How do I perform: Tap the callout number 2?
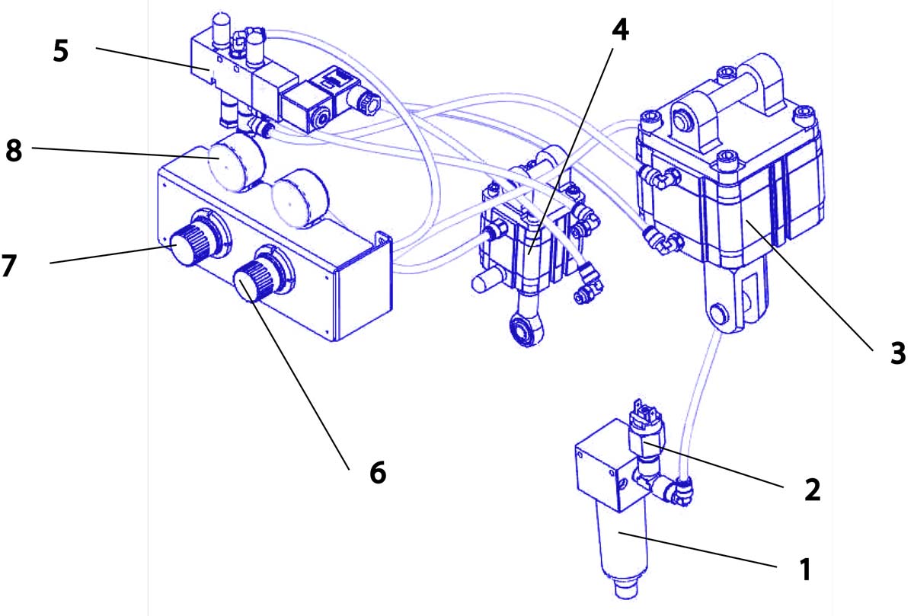coord(812,490)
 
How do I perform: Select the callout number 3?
coord(898,352)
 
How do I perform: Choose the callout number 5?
coord(60,51)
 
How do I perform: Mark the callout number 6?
coord(377,472)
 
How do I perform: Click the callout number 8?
coord(14,150)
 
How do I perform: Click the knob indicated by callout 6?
coord(251,277)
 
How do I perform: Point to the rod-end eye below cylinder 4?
coord(524,329)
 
